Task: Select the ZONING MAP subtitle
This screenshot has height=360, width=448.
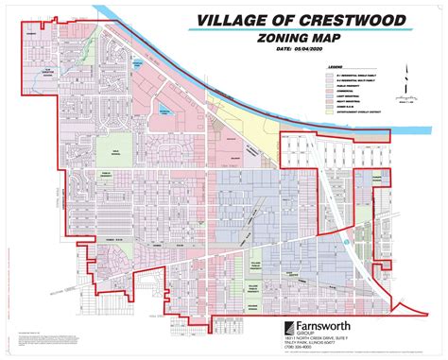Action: pos(301,40)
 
